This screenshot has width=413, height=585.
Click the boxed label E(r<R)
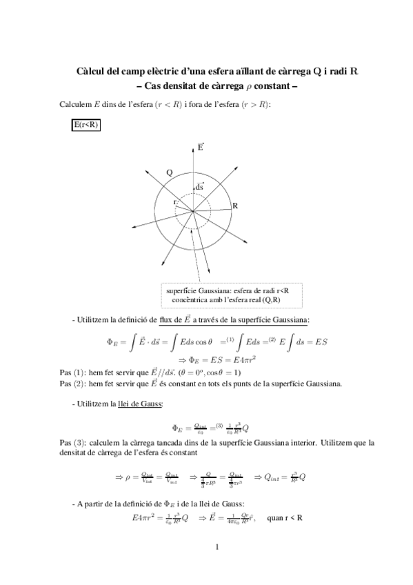click(x=86, y=124)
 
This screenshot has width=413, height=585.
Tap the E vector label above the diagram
click(x=200, y=147)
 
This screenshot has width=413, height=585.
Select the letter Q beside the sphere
click(x=170, y=172)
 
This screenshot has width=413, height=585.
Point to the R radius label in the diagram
click(x=235, y=206)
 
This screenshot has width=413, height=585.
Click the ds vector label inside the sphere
click(x=199, y=186)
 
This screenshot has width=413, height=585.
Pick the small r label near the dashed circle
click(x=175, y=201)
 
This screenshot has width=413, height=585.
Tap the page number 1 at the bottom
click(x=216, y=567)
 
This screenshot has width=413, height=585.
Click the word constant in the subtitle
click(x=274, y=86)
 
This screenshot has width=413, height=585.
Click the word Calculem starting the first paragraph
click(x=77, y=104)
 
